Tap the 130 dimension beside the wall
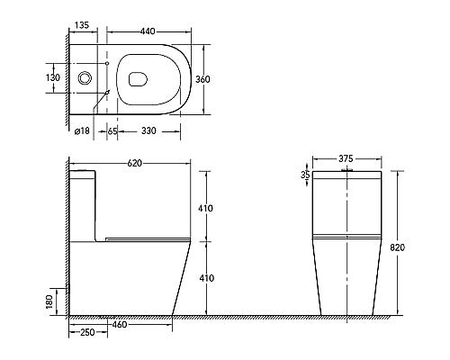[54, 78]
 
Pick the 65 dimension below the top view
[112, 131]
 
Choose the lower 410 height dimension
[207, 278]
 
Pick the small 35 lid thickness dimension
[304, 177]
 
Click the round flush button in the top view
[85, 78]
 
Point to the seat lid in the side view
[148, 238]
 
